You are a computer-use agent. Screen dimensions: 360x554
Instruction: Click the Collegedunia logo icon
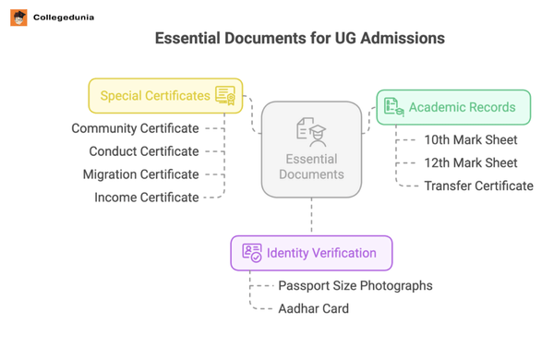pos(18,18)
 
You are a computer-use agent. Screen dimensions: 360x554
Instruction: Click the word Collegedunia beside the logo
pos(63,18)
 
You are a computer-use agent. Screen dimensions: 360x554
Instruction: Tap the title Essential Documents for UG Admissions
pos(299,39)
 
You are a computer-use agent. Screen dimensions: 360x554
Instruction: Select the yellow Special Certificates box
pos(165,96)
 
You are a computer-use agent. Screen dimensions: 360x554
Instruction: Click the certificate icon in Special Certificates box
pos(225,95)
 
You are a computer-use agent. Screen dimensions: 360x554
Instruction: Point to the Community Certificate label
pos(135,128)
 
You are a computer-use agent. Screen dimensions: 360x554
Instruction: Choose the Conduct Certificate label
pos(144,151)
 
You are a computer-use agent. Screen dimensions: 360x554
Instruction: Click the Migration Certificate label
pos(140,174)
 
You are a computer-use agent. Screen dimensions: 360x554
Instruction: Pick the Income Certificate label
pos(146,198)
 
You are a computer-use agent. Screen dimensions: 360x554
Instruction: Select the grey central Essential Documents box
pos(311,150)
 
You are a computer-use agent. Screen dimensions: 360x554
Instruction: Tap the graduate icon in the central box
pos(311,132)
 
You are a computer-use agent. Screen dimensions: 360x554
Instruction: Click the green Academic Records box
pos(453,107)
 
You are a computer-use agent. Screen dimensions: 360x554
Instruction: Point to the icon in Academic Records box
pos(394,107)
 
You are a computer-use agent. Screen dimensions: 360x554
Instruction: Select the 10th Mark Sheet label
pos(471,140)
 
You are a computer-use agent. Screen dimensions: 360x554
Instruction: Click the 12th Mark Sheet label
pos(471,163)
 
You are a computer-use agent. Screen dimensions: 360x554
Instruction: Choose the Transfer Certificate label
pos(478,186)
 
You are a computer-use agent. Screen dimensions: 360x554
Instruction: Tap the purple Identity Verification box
pos(311,253)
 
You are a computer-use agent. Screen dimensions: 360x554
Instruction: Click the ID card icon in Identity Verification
pos(252,252)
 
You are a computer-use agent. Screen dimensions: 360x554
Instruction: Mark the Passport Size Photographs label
pos(355,286)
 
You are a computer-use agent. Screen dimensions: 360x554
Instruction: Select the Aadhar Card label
pos(314,309)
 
